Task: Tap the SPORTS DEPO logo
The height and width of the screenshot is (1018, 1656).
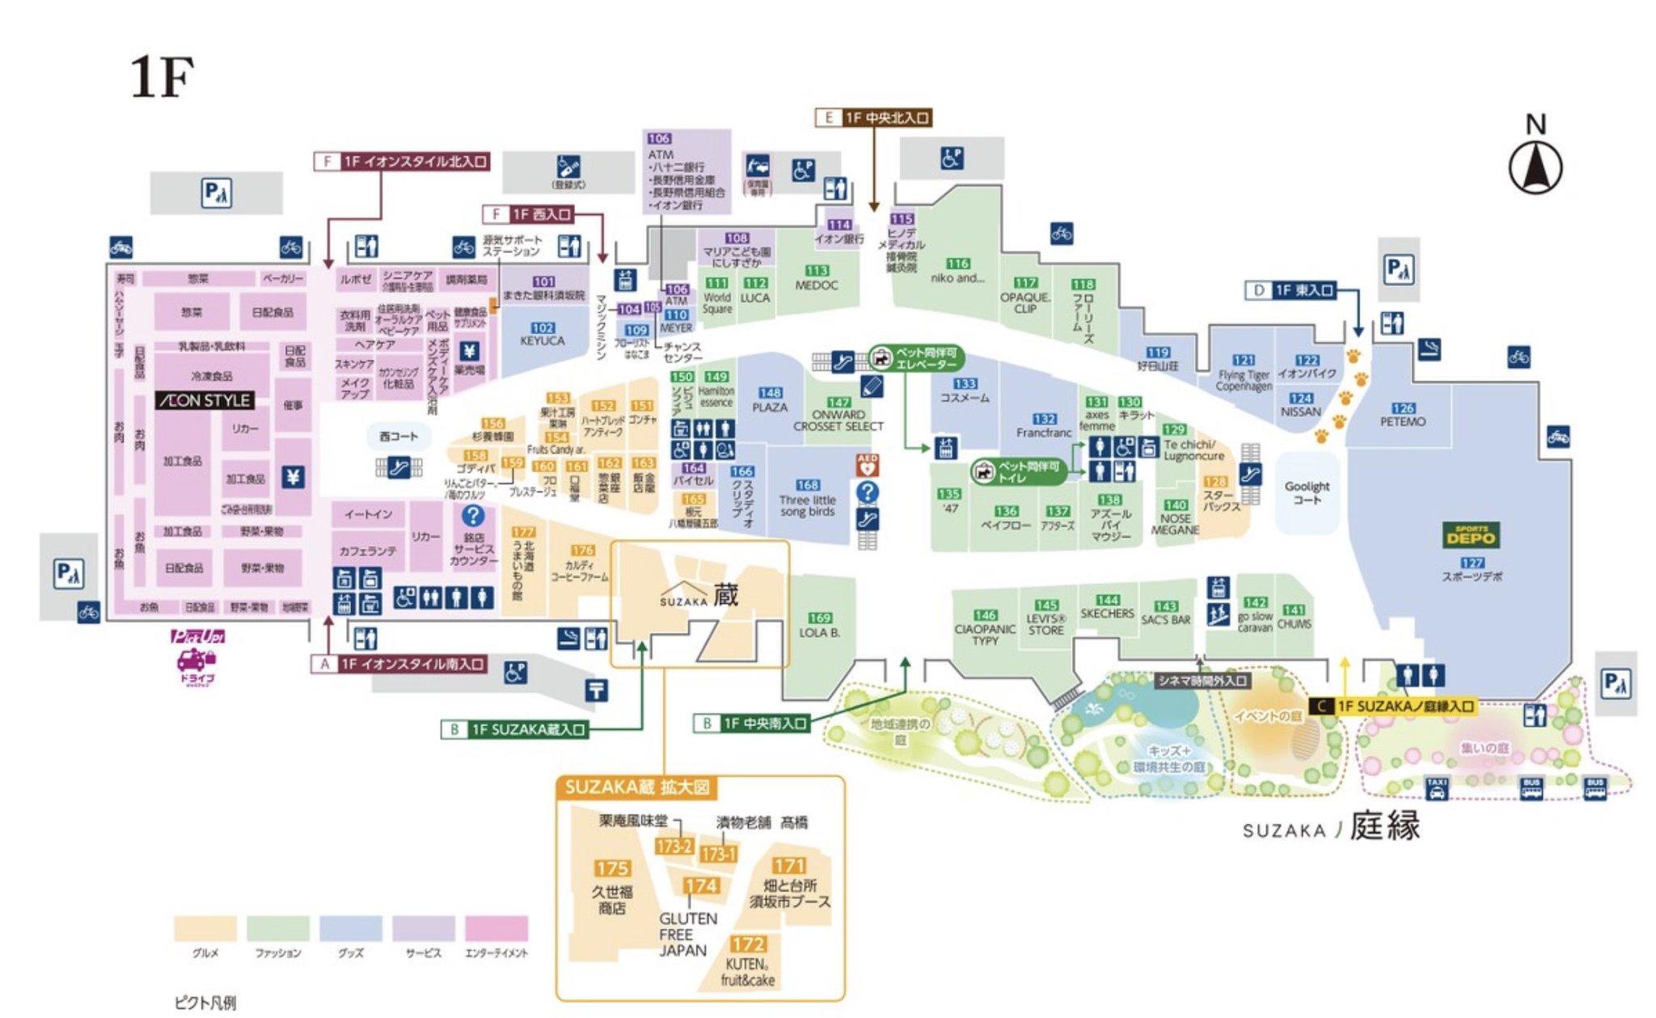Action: (x=1470, y=534)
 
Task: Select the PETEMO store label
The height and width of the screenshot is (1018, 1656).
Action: (x=1403, y=421)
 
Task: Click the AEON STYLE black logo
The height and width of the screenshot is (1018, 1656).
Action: (x=205, y=400)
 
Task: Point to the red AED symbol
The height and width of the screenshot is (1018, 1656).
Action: (x=867, y=465)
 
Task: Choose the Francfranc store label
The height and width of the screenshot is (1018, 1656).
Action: (x=1044, y=433)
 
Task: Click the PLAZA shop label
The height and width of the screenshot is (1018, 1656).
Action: (x=770, y=407)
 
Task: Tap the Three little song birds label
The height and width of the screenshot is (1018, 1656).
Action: (x=807, y=505)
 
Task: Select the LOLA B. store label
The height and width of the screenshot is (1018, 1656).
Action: (x=819, y=632)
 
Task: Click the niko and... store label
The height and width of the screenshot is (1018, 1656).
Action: (x=957, y=277)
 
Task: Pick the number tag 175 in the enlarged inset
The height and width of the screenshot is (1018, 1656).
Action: (x=612, y=868)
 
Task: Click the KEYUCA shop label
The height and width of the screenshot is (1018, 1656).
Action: (x=542, y=340)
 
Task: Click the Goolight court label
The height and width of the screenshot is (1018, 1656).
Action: (x=1307, y=492)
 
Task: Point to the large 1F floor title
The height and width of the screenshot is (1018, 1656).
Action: (x=162, y=78)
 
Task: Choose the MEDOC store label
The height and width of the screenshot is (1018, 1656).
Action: (x=816, y=285)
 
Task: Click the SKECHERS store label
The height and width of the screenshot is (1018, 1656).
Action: (x=1107, y=614)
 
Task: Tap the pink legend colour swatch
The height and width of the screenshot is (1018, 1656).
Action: (x=496, y=928)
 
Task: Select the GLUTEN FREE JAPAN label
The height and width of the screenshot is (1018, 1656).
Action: (x=687, y=934)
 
